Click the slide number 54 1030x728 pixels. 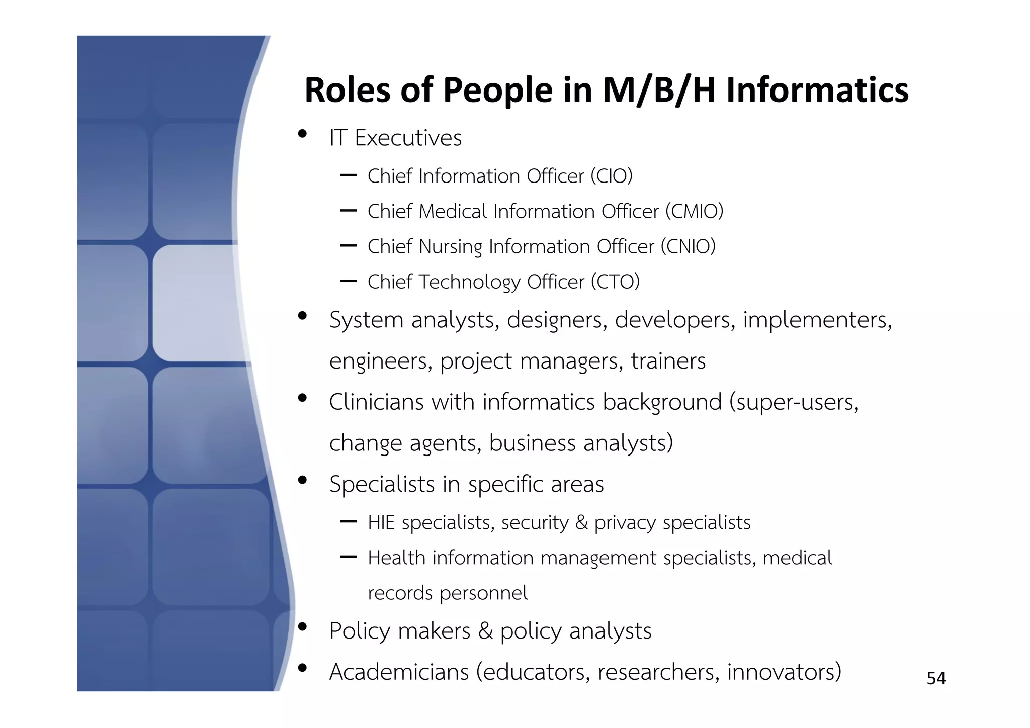pos(936,678)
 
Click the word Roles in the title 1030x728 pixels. pos(348,90)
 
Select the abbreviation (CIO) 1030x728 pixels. pos(611,176)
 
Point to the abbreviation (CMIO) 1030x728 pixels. pos(694,211)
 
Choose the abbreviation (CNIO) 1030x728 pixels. pos(688,246)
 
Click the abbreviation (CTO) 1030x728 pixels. pos(615,282)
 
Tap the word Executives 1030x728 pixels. pos(408,138)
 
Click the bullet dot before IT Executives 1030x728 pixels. pos(302,134)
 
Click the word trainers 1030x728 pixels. pos(668,361)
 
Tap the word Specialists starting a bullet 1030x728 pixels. pos(382,484)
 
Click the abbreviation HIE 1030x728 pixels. pos(381,523)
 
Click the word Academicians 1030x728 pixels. pos(399,672)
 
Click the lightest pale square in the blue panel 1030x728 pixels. pos(194,303)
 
